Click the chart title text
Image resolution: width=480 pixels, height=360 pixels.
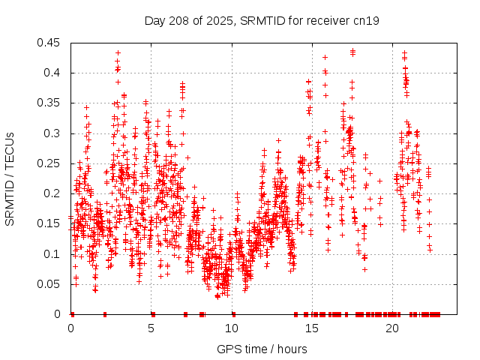pos(262,21)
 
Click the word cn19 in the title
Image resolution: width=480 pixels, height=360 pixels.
pos(367,21)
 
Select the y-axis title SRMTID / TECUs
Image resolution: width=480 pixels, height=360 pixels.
pos(10,179)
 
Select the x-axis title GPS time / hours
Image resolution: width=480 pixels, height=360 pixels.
pos(262,349)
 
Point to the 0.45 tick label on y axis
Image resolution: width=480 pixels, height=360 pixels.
pos(51,43)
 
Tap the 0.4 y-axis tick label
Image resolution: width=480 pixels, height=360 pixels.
pos(54,73)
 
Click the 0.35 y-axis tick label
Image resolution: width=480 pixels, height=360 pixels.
pos(51,103)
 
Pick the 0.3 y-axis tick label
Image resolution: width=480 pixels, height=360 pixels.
pos(54,133)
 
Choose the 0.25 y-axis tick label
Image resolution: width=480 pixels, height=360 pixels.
pos(51,163)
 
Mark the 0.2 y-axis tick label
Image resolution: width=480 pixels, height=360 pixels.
pos(54,193)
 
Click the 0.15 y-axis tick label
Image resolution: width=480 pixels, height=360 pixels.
pos(51,223)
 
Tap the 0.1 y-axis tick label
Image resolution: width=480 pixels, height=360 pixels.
pos(54,254)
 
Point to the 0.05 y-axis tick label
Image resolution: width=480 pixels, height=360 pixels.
pos(51,284)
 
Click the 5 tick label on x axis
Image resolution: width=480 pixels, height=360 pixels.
pos(151,328)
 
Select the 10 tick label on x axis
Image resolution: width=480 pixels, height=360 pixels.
pos(232,328)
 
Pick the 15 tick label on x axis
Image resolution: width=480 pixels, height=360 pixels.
pos(312,328)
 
